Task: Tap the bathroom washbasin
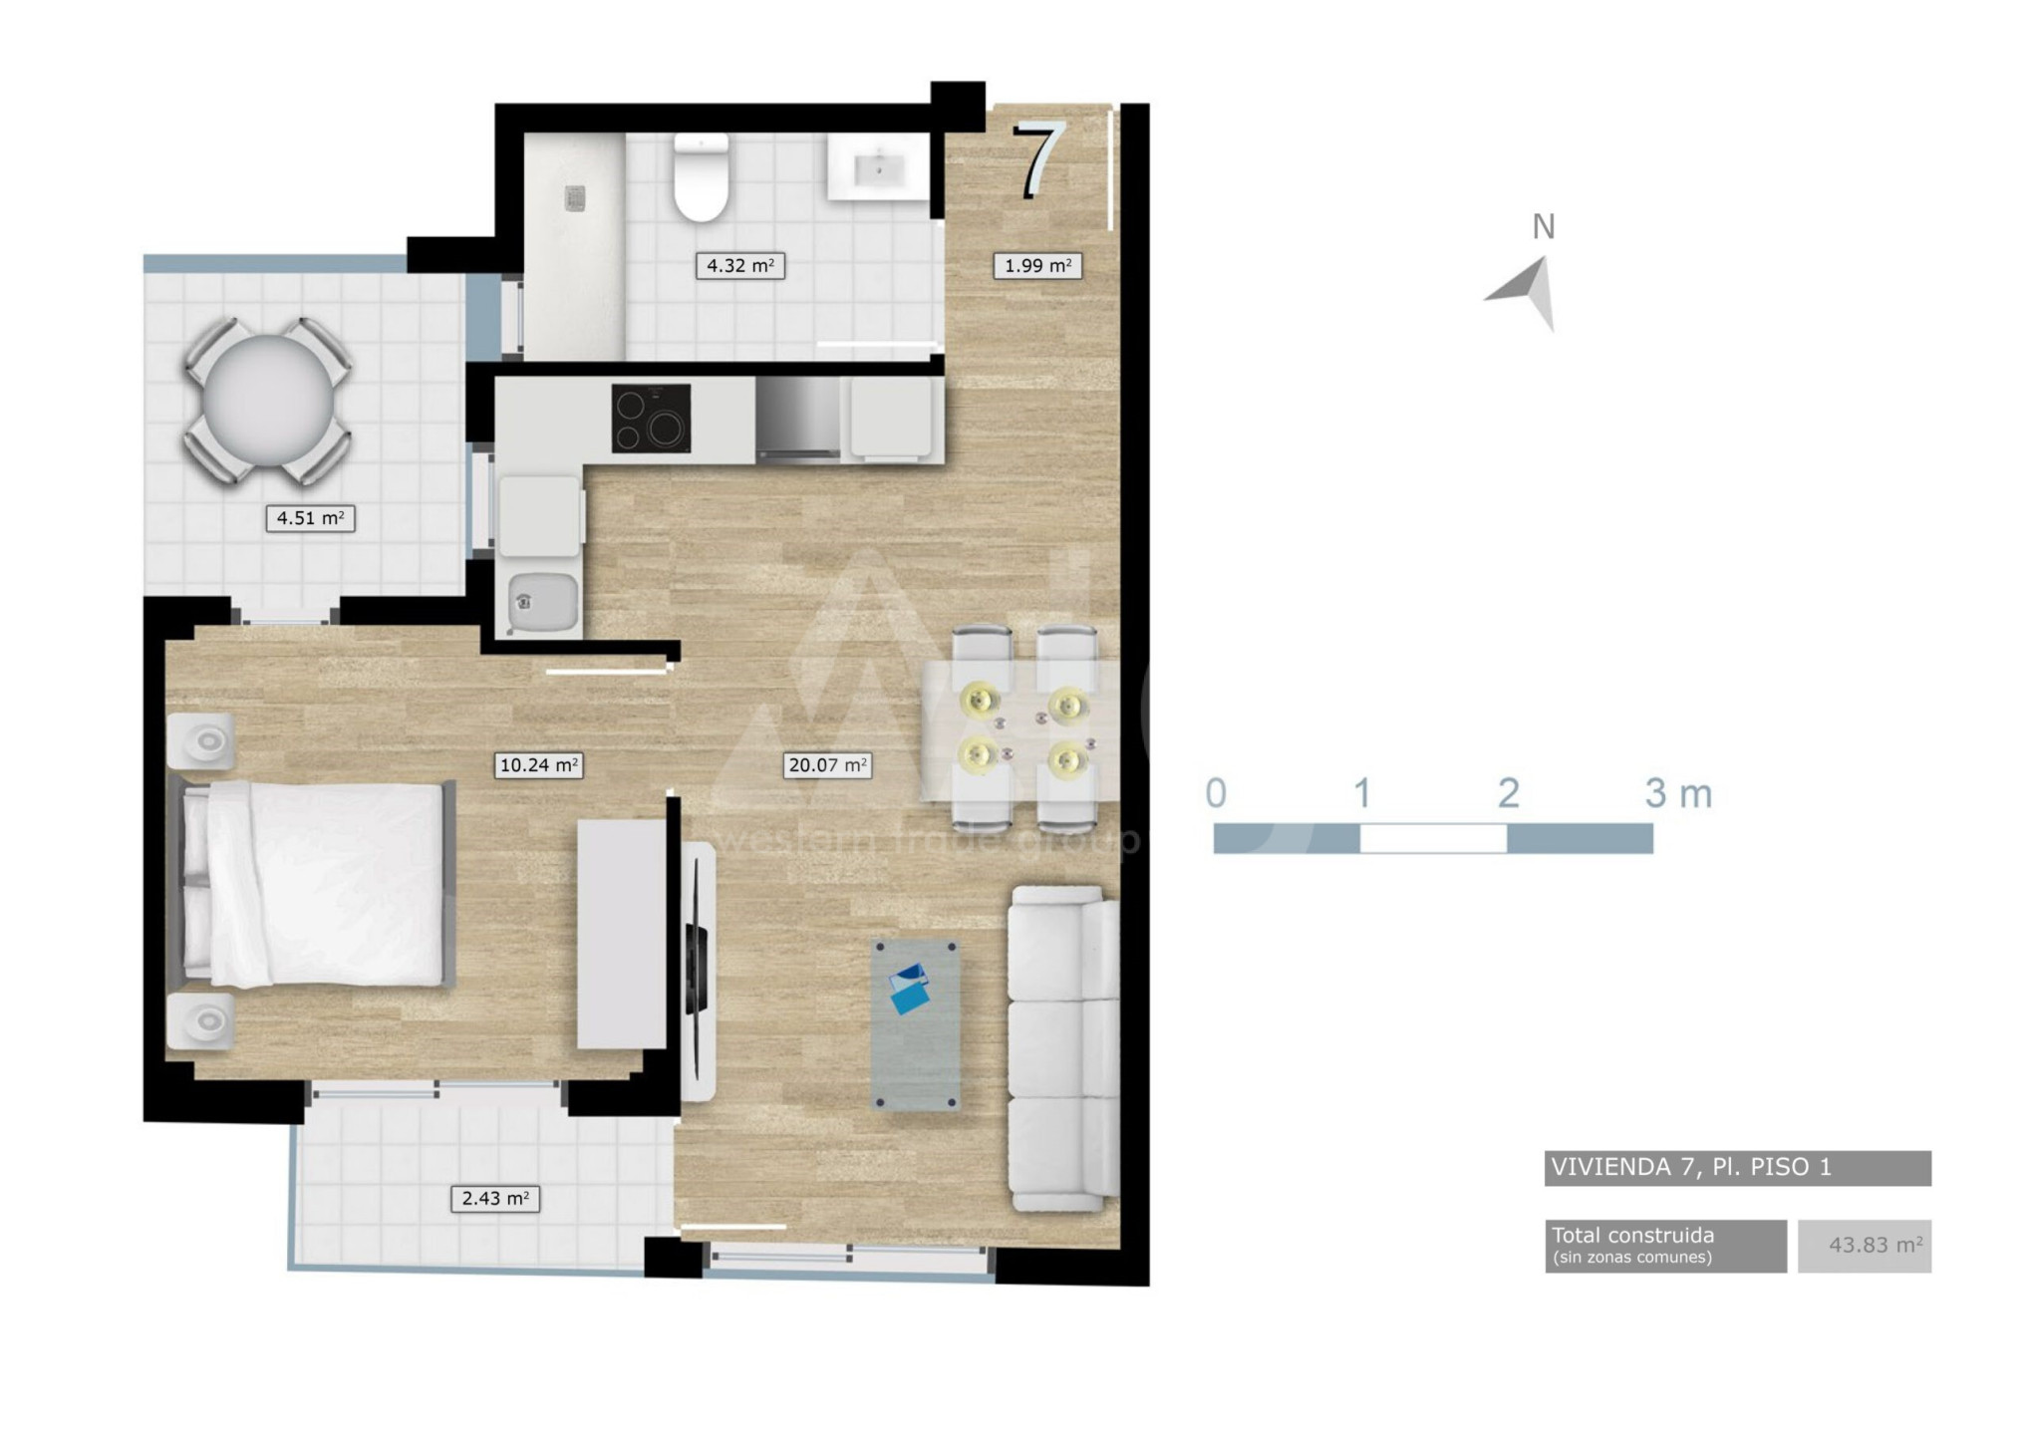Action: point(879,167)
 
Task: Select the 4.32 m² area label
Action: point(739,266)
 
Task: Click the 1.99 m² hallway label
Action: point(1037,266)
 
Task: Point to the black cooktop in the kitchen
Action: point(651,419)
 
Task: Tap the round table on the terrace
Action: point(267,401)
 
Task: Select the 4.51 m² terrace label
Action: point(310,518)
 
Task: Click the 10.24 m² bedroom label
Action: point(538,765)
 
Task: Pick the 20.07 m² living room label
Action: point(827,765)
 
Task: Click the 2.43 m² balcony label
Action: point(495,1199)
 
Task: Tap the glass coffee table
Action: point(916,1024)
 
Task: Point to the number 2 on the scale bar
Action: point(1509,793)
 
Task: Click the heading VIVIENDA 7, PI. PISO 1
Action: point(1691,1167)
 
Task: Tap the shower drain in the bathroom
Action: point(575,198)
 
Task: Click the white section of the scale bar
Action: point(1433,839)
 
